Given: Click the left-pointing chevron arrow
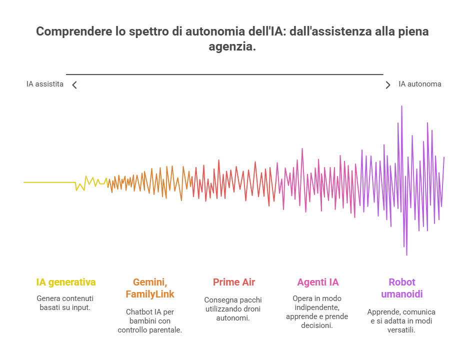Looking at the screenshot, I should click(74, 85).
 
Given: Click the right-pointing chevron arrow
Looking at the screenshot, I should click(388, 85).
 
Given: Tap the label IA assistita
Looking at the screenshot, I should click(45, 84).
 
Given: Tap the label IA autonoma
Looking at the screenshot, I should click(419, 84).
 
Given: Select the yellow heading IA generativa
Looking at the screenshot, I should click(66, 282).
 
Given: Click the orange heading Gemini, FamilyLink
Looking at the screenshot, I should click(150, 288).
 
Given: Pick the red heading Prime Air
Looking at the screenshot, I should click(233, 282).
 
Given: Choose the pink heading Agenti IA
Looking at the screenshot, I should click(317, 282).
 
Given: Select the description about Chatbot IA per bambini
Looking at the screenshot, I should click(150, 320).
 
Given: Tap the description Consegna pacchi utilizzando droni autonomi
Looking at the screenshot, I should click(233, 308).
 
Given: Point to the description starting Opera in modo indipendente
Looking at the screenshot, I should click(317, 311).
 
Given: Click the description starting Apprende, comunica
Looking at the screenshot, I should click(401, 320).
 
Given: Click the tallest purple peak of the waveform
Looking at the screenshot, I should click(401, 107).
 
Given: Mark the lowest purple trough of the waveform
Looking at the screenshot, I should click(406, 254).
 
